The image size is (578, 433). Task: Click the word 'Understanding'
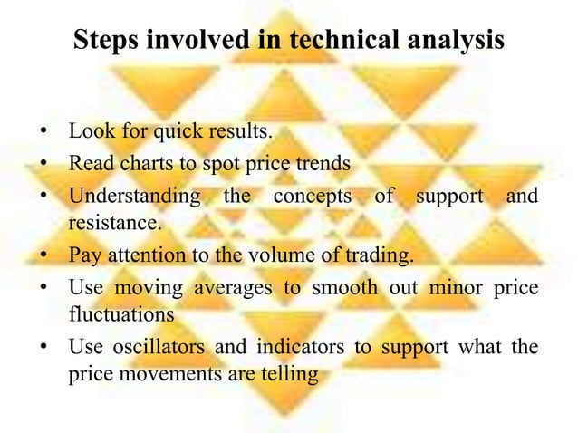[x=134, y=196]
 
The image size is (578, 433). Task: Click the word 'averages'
[x=236, y=289]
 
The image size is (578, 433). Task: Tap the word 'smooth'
[x=341, y=289]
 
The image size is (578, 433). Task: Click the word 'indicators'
[x=279, y=349]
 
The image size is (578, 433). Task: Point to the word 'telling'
[x=290, y=373]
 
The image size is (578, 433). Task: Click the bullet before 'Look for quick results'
[x=43, y=133]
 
